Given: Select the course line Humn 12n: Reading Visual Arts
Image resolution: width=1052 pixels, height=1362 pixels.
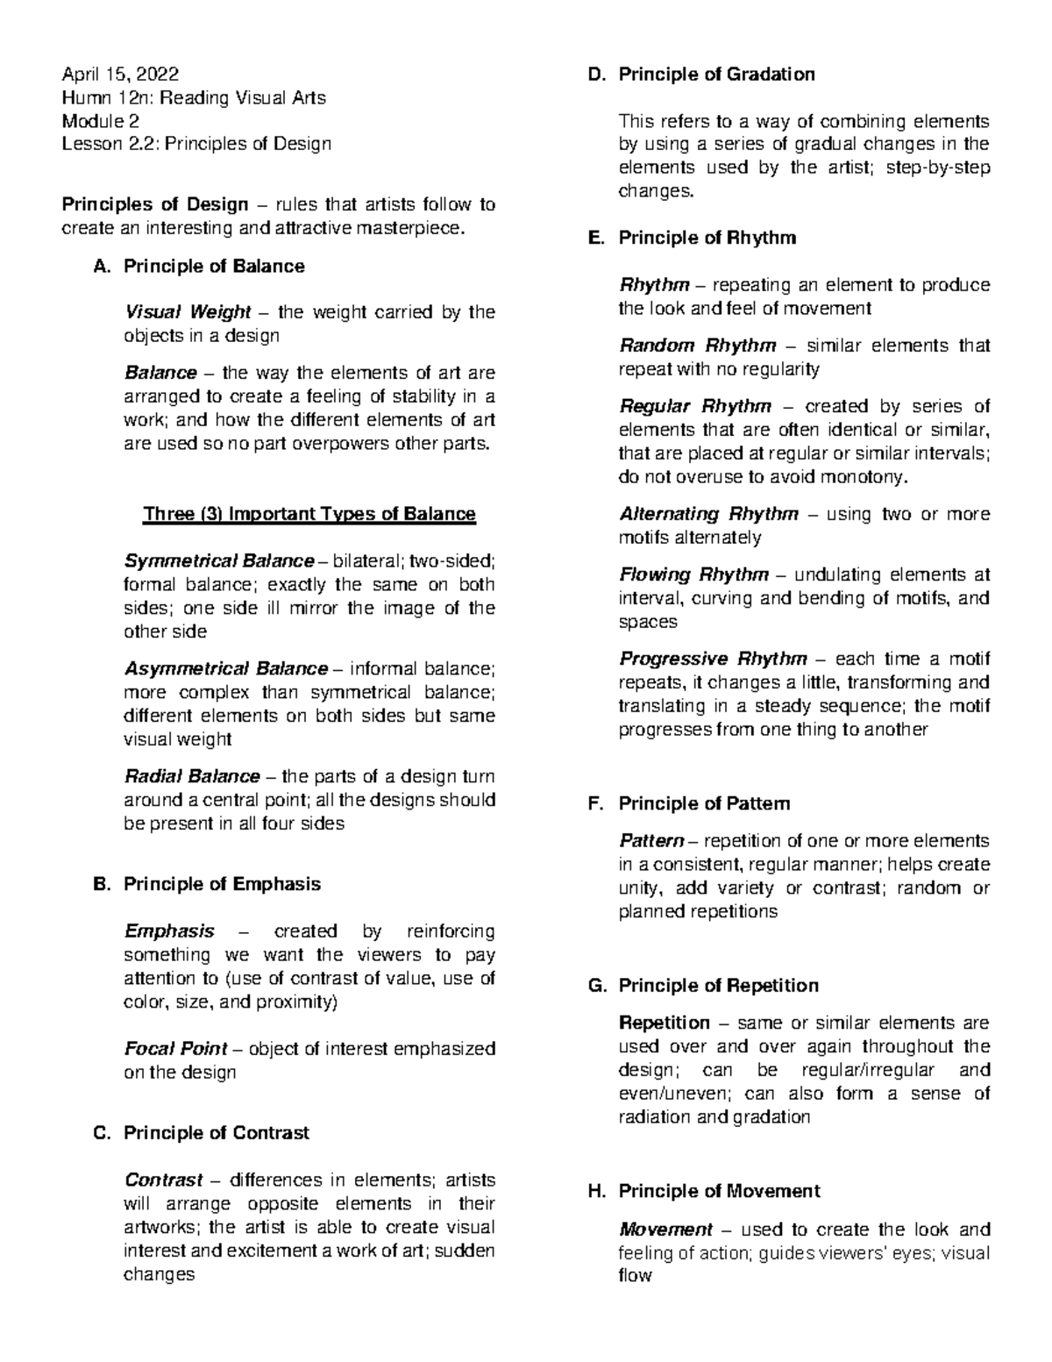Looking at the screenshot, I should click(x=193, y=98).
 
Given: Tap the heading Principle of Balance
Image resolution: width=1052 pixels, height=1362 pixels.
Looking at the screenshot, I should click(x=214, y=267).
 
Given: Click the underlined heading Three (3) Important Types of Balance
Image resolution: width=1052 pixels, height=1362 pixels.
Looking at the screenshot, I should click(x=309, y=514).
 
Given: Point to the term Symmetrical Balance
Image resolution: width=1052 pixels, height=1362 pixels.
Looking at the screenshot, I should click(x=219, y=561).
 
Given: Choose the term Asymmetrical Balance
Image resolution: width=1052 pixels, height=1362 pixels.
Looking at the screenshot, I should click(x=226, y=669).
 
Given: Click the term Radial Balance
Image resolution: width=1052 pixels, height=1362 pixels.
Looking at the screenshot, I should click(x=192, y=776).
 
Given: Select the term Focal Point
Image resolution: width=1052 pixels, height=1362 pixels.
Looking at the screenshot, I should click(x=175, y=1049).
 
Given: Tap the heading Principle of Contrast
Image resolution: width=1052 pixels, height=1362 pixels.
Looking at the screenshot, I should click(x=216, y=1133).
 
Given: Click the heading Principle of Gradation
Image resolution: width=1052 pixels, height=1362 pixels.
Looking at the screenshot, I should click(x=716, y=75).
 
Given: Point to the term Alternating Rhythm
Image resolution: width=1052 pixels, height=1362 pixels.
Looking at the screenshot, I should click(x=708, y=514).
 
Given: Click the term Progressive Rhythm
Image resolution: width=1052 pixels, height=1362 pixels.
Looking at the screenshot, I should click(x=713, y=659).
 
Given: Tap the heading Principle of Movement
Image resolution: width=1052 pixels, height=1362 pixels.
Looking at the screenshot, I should click(x=719, y=1191).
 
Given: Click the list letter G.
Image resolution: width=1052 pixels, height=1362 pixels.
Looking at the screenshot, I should click(x=596, y=986).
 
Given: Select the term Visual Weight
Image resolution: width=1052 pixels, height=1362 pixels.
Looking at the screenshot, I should click(x=188, y=312).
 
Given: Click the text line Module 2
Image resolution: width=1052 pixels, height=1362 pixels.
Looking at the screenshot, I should click(x=100, y=121).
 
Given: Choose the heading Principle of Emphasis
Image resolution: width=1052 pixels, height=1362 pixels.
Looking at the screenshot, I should click(x=222, y=884).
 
